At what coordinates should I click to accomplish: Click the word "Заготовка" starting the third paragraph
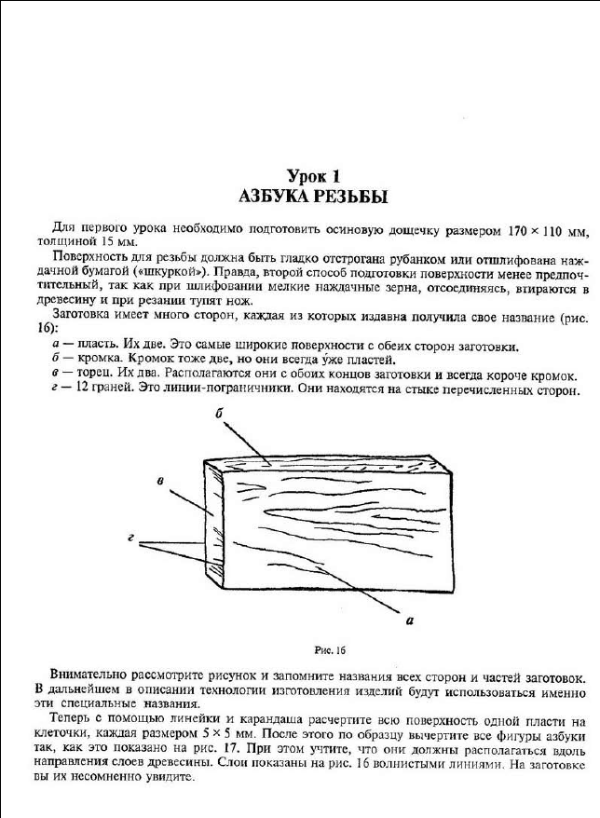pyautogui.click(x=82, y=315)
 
